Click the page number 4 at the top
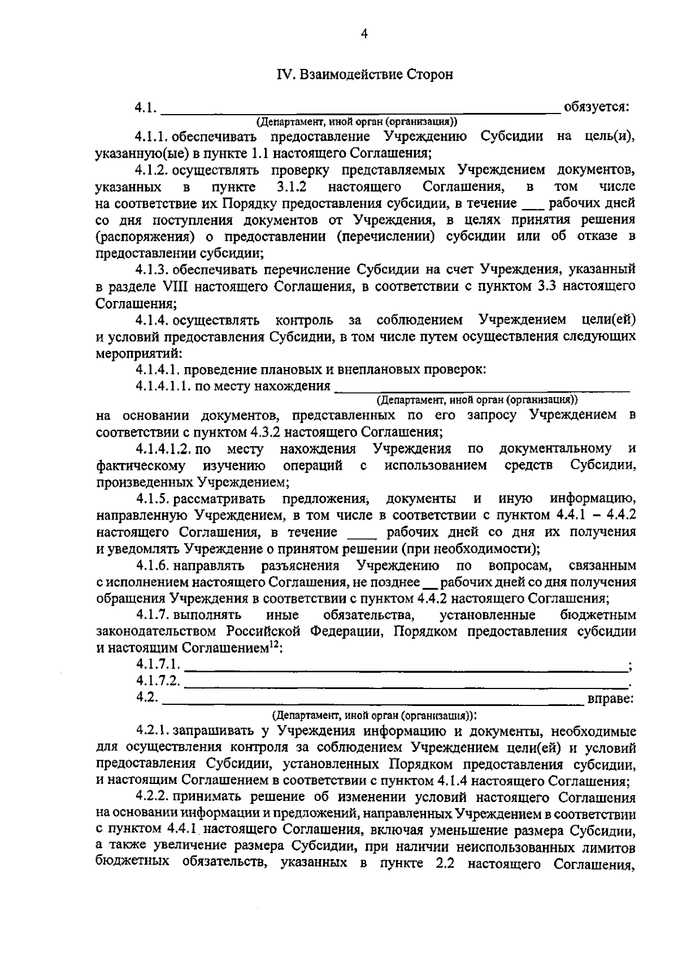[364, 34]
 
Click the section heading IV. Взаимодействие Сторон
[364, 75]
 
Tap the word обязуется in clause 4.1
[596, 107]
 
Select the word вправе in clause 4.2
[610, 699]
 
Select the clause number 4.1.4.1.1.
[163, 386]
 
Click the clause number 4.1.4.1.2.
[164, 449]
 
